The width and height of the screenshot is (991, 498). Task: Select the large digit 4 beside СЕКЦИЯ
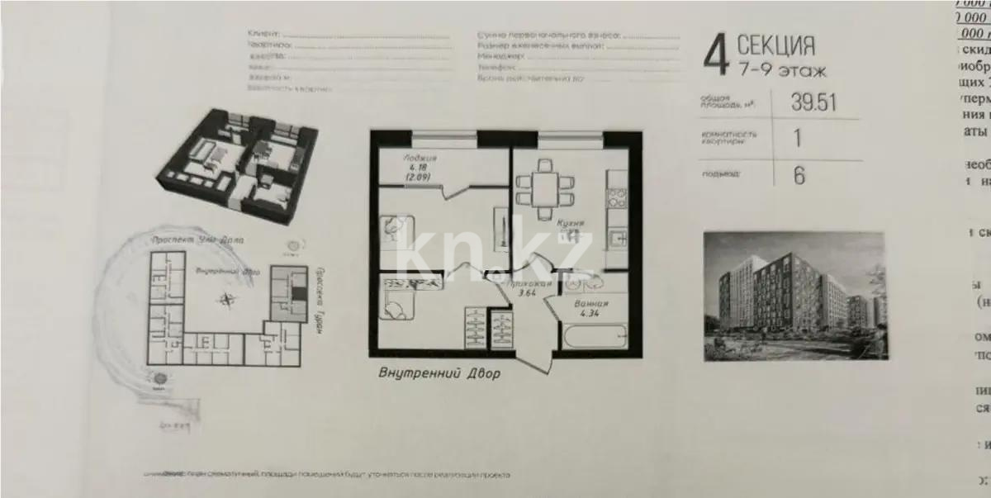pyautogui.click(x=715, y=56)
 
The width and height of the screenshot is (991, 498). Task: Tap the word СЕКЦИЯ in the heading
pyautogui.click(x=775, y=45)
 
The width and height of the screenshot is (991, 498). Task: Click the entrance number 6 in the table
pyautogui.click(x=799, y=175)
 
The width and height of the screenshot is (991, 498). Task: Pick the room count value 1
pyautogui.click(x=798, y=138)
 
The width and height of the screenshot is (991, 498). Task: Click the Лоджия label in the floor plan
pyautogui.click(x=420, y=158)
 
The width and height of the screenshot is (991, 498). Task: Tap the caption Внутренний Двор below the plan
pyautogui.click(x=439, y=372)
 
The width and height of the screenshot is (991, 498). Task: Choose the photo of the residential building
pyautogui.click(x=794, y=296)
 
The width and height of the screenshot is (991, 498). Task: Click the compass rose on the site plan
pyautogui.click(x=225, y=301)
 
